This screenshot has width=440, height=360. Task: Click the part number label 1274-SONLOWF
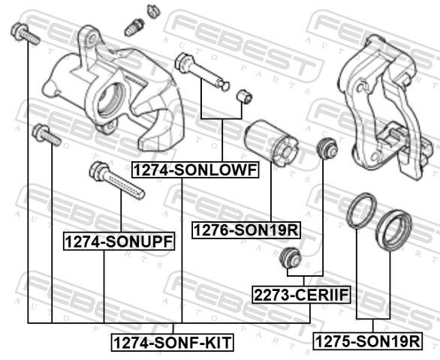pos(195,170)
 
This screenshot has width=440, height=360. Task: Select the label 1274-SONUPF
pos(119,241)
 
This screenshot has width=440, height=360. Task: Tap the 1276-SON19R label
pos(246,230)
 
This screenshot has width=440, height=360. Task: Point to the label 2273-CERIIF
pos(301,295)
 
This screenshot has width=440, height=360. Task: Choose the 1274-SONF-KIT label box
pos(173,342)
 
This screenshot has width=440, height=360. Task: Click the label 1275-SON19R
pos(368,341)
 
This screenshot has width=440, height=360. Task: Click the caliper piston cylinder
pos(271,143)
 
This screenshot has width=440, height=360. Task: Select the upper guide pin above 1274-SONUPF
pos(116,180)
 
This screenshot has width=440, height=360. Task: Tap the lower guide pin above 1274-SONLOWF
pos(202,71)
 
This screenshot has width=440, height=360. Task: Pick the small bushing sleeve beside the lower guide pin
pos(244,97)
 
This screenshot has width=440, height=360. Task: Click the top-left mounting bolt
pos(25,34)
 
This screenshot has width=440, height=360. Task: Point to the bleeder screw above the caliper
pos(134,27)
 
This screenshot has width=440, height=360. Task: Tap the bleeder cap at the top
pos(153,11)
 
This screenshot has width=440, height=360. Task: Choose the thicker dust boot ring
pos(393,230)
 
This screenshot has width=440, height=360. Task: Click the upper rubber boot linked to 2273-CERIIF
pos(327,148)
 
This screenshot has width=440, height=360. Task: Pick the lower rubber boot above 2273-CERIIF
pos(291,258)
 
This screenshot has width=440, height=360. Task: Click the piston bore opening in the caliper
pos(110,100)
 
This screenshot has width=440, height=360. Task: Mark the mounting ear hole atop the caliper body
pos(93,37)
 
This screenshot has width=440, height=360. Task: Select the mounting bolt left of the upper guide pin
pos(47,135)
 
